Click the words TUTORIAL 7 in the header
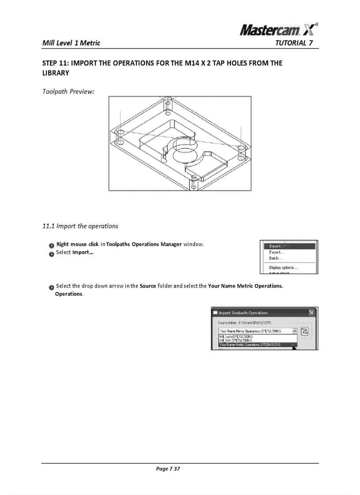click(x=294, y=43)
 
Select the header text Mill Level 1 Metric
click(x=71, y=43)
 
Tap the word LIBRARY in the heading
click(x=56, y=72)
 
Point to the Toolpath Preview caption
click(x=68, y=92)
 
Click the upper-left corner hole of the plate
click(x=119, y=132)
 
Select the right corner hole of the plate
click(x=241, y=149)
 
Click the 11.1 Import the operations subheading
click(x=80, y=226)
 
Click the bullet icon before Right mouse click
click(x=52, y=245)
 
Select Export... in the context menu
click(x=277, y=253)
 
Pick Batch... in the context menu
click(x=276, y=258)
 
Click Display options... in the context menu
click(x=283, y=268)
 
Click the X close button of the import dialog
click(x=311, y=313)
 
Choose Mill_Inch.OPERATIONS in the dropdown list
click(x=236, y=336)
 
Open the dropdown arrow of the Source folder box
click(x=294, y=331)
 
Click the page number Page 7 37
click(x=168, y=469)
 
